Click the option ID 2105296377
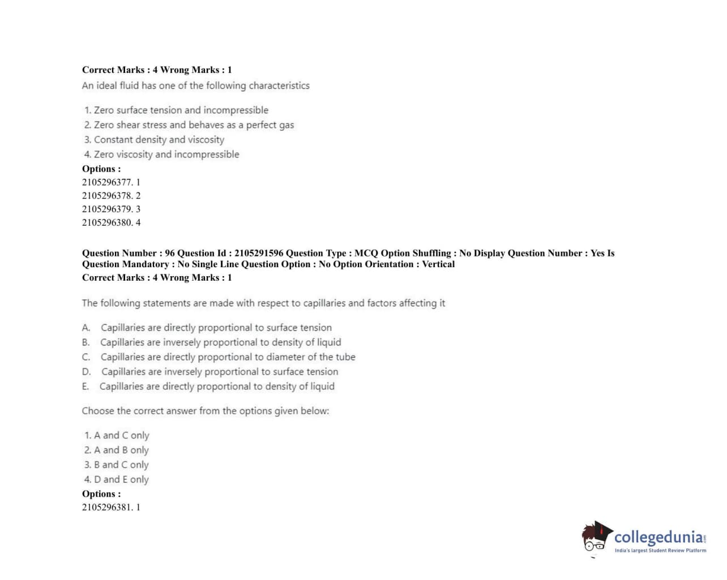[107, 182]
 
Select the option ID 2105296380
[107, 222]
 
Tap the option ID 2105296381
[107, 507]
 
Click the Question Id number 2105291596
[259, 253]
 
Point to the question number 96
[170, 253]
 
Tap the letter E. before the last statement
[85, 386]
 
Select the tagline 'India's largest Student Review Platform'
[660, 551]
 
